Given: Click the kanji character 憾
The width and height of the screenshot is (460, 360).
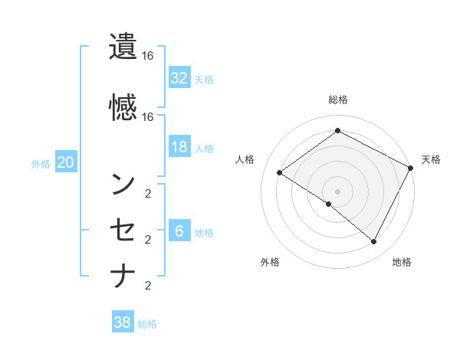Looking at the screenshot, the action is click(x=123, y=107).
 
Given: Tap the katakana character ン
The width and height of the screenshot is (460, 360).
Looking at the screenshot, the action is click(x=123, y=183).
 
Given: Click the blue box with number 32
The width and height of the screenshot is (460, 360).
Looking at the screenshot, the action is click(x=179, y=78).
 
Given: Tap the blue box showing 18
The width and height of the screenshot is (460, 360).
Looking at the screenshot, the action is click(x=179, y=147).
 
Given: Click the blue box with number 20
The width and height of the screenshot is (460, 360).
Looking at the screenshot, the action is click(x=65, y=162).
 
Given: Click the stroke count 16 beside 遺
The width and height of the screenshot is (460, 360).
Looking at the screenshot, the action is click(x=148, y=56).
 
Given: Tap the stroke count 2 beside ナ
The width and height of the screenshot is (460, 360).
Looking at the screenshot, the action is click(x=148, y=286).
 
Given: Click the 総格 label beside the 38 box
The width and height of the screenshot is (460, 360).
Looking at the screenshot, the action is click(x=147, y=324).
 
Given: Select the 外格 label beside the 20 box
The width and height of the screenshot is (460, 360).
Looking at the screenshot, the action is click(x=41, y=163).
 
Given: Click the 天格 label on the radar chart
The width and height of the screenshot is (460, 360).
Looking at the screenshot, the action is click(x=431, y=159).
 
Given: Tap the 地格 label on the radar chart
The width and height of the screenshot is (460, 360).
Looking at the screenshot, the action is click(x=402, y=262).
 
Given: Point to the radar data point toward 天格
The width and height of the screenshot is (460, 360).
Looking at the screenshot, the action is click(x=410, y=168).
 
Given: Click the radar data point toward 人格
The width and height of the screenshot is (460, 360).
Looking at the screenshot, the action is click(x=279, y=173).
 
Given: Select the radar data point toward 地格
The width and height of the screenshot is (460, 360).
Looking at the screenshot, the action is click(x=374, y=241).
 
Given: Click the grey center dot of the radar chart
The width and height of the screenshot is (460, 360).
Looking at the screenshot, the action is click(x=337, y=191).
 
